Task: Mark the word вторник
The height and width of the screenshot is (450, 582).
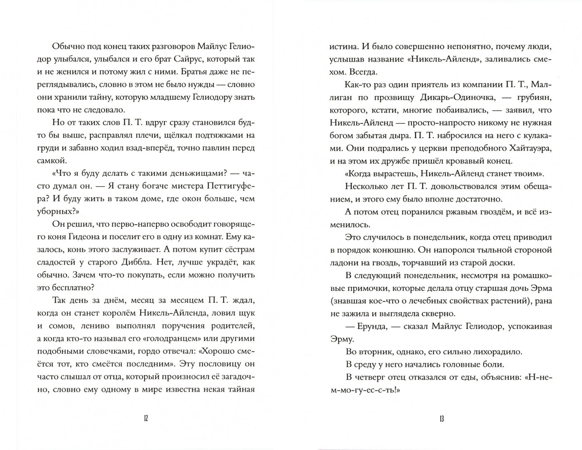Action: [x=376, y=351]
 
